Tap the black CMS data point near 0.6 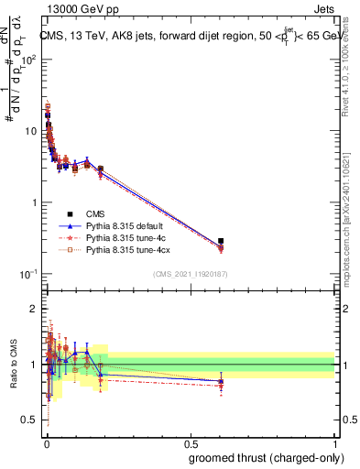pyautogui.click(x=221, y=241)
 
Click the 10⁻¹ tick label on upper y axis pyautogui.click(x=29, y=274)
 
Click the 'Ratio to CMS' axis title pyautogui.click(x=13, y=365)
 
